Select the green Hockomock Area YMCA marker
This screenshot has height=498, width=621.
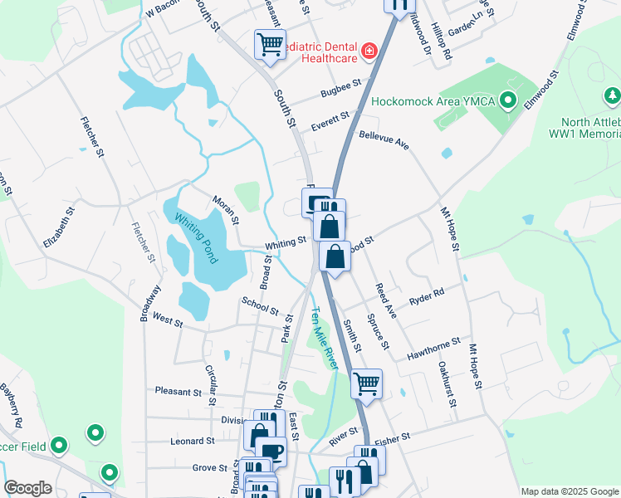click(509, 101)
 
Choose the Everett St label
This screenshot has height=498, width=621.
click(330, 118)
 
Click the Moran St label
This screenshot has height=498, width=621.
click(225, 210)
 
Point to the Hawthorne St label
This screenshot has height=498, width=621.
click(433, 349)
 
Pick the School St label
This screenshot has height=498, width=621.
click(260, 305)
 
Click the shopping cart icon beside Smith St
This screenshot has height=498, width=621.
click(366, 383)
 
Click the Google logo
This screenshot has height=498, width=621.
click(27, 488)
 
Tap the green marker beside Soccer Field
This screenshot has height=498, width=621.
click(58, 447)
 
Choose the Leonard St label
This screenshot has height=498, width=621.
click(192, 442)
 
